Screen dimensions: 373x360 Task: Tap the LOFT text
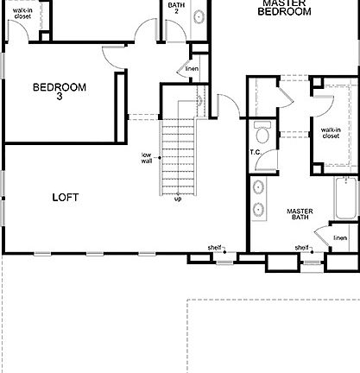(x=65, y=197)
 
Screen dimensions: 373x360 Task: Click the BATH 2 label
(x=176, y=8)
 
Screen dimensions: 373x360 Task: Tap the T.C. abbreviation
(x=256, y=153)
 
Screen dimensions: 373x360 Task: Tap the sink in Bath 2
(x=198, y=16)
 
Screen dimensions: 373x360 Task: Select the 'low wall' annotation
(x=147, y=158)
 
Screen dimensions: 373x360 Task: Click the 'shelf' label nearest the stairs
(x=214, y=248)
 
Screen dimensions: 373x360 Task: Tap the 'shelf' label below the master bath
(x=301, y=248)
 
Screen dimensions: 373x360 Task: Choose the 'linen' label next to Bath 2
(x=192, y=68)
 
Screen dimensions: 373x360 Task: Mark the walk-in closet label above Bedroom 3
(x=22, y=12)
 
